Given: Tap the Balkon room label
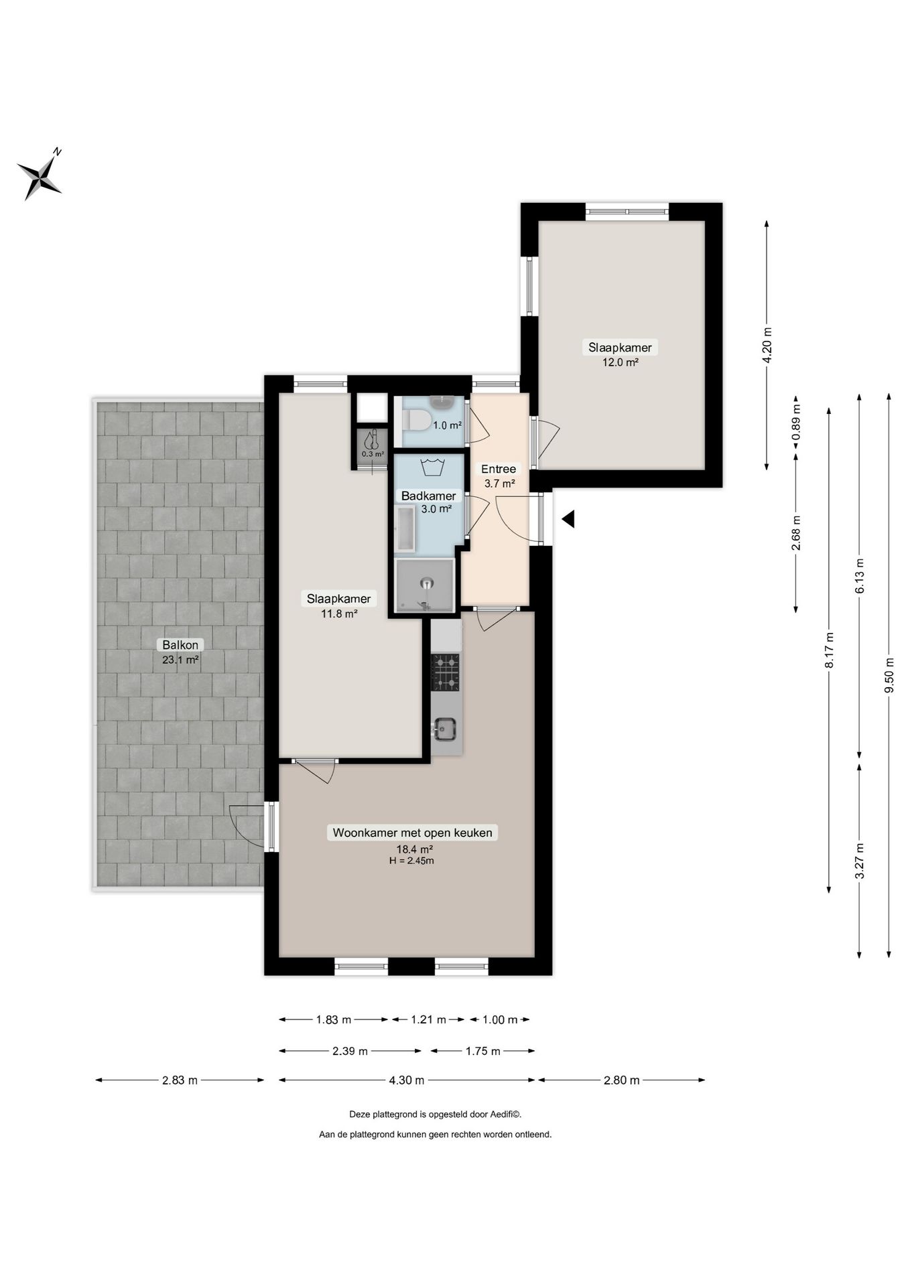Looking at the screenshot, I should [x=180, y=645].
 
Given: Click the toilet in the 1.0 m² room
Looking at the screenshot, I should [x=415, y=420].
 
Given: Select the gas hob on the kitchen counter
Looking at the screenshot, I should [x=446, y=672].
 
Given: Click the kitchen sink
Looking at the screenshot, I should [x=446, y=729].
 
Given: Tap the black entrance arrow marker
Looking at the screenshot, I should [x=568, y=518].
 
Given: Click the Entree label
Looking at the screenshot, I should [x=499, y=469].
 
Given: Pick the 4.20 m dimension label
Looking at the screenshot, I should [x=767, y=345].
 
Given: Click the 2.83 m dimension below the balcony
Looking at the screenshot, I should [x=180, y=1080].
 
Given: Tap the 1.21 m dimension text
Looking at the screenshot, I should [x=428, y=1019].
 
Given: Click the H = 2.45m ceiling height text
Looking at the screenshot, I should [x=411, y=861].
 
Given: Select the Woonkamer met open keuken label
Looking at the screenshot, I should [x=412, y=833].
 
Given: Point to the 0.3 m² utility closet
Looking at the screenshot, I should [x=373, y=445].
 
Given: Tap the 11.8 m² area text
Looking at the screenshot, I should [x=338, y=613].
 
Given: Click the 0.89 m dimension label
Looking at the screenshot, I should [x=796, y=423].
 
